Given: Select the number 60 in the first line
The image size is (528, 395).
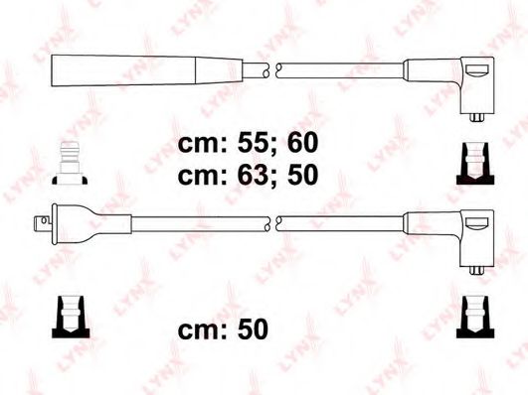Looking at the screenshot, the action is click(302, 143).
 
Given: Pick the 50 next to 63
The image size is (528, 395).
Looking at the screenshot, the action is click(302, 175).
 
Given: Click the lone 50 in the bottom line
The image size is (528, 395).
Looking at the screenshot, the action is click(254, 329).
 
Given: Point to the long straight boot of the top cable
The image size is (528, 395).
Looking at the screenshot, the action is click(147, 70).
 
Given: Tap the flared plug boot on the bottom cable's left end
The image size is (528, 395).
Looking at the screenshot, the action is click(91, 223).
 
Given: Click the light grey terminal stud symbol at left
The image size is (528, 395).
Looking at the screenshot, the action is click(70, 163).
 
